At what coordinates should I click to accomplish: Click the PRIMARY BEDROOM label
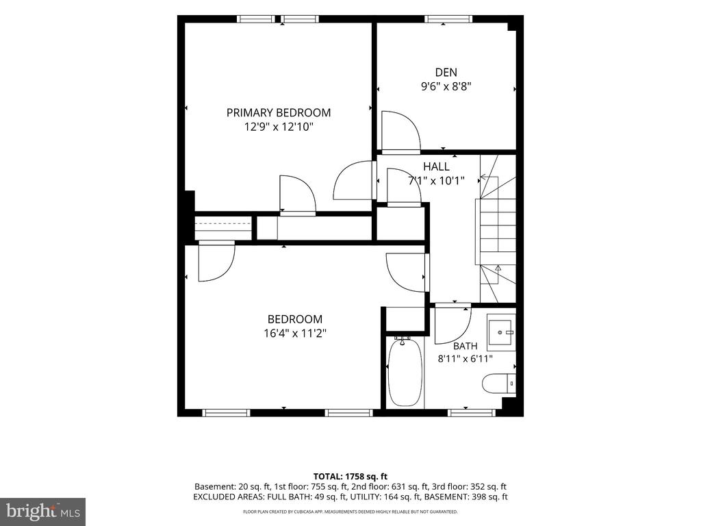(x=279, y=113)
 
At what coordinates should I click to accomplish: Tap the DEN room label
(x=446, y=72)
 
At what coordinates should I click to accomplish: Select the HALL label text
(x=436, y=167)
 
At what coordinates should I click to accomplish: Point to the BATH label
(x=466, y=346)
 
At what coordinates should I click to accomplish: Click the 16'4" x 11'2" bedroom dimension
(x=295, y=334)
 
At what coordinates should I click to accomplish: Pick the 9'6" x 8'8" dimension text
(x=446, y=86)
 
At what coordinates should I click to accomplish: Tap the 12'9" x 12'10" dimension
(x=279, y=127)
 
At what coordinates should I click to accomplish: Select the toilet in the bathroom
(x=498, y=384)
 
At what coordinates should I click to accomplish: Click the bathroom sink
(x=501, y=332)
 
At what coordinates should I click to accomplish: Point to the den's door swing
(x=400, y=130)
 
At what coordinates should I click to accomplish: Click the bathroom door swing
(x=453, y=324)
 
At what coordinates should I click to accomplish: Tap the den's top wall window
(x=448, y=18)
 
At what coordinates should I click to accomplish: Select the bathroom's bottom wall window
(x=471, y=412)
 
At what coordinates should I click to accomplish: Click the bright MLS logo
(x=43, y=512)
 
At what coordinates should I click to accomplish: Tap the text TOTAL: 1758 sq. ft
(x=350, y=477)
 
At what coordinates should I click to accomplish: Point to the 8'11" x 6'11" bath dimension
(x=466, y=358)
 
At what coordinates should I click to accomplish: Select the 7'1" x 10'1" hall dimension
(x=436, y=181)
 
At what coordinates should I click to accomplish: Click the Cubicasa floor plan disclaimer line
(x=350, y=512)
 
